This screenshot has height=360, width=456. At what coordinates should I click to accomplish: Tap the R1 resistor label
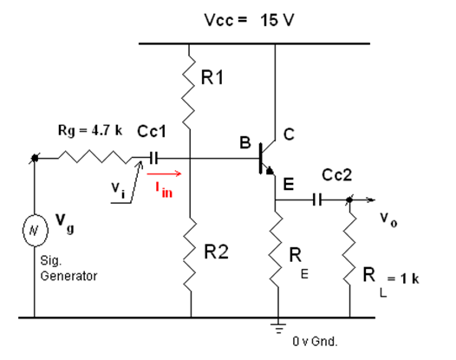point(212,79)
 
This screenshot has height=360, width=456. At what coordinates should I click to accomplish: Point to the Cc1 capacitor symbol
point(153,159)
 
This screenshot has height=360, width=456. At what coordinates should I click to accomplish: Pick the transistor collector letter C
point(290,134)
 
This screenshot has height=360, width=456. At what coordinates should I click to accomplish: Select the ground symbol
point(277,328)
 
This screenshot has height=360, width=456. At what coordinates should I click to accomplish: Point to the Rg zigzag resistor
point(94,159)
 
